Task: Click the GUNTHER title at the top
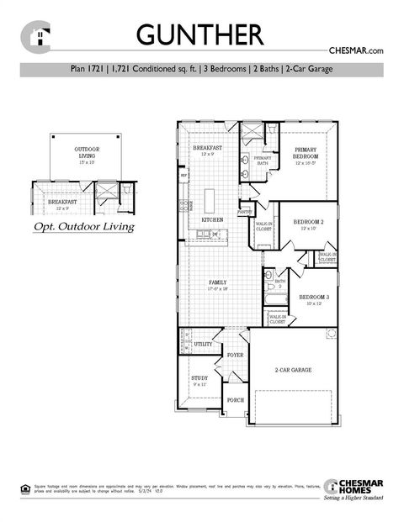click(199, 34)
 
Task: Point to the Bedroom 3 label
click(314, 298)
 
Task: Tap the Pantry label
click(245, 213)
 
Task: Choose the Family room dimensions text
click(218, 288)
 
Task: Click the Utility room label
click(203, 344)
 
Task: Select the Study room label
click(199, 378)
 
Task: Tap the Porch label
click(236, 400)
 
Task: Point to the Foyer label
click(235, 356)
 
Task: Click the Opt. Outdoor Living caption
click(83, 227)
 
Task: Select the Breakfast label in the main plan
click(208, 149)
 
